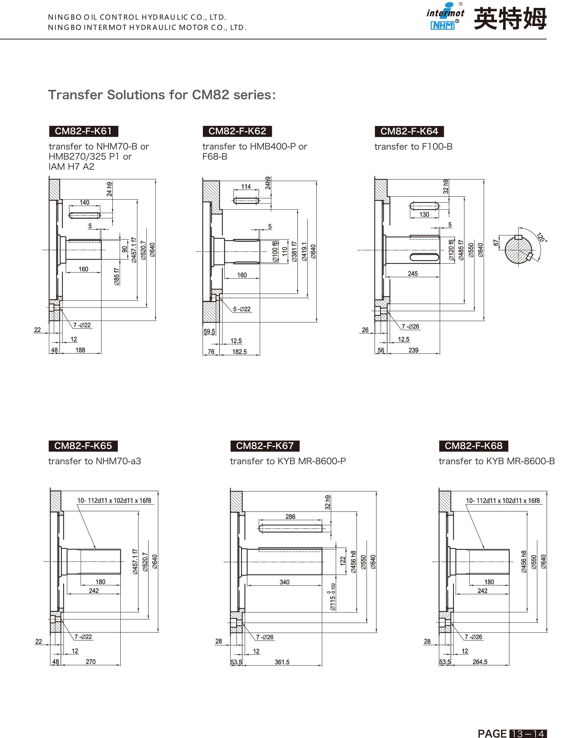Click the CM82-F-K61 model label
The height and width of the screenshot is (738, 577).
(x=84, y=131)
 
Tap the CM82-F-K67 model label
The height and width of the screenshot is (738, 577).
(x=265, y=446)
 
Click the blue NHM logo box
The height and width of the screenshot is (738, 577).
(x=442, y=25)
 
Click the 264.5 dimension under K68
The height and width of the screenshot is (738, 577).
(x=480, y=662)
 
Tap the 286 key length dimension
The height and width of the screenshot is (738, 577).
(x=290, y=517)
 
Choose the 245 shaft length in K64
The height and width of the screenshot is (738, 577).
(x=413, y=274)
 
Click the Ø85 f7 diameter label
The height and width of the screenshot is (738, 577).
(x=117, y=277)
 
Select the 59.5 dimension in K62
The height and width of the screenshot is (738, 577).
(x=209, y=331)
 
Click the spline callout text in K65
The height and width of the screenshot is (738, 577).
(x=114, y=500)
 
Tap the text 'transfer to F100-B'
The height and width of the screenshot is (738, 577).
(x=413, y=147)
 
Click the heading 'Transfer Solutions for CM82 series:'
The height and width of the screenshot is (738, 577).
(x=162, y=95)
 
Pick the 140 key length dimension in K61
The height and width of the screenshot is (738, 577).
(x=84, y=202)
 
